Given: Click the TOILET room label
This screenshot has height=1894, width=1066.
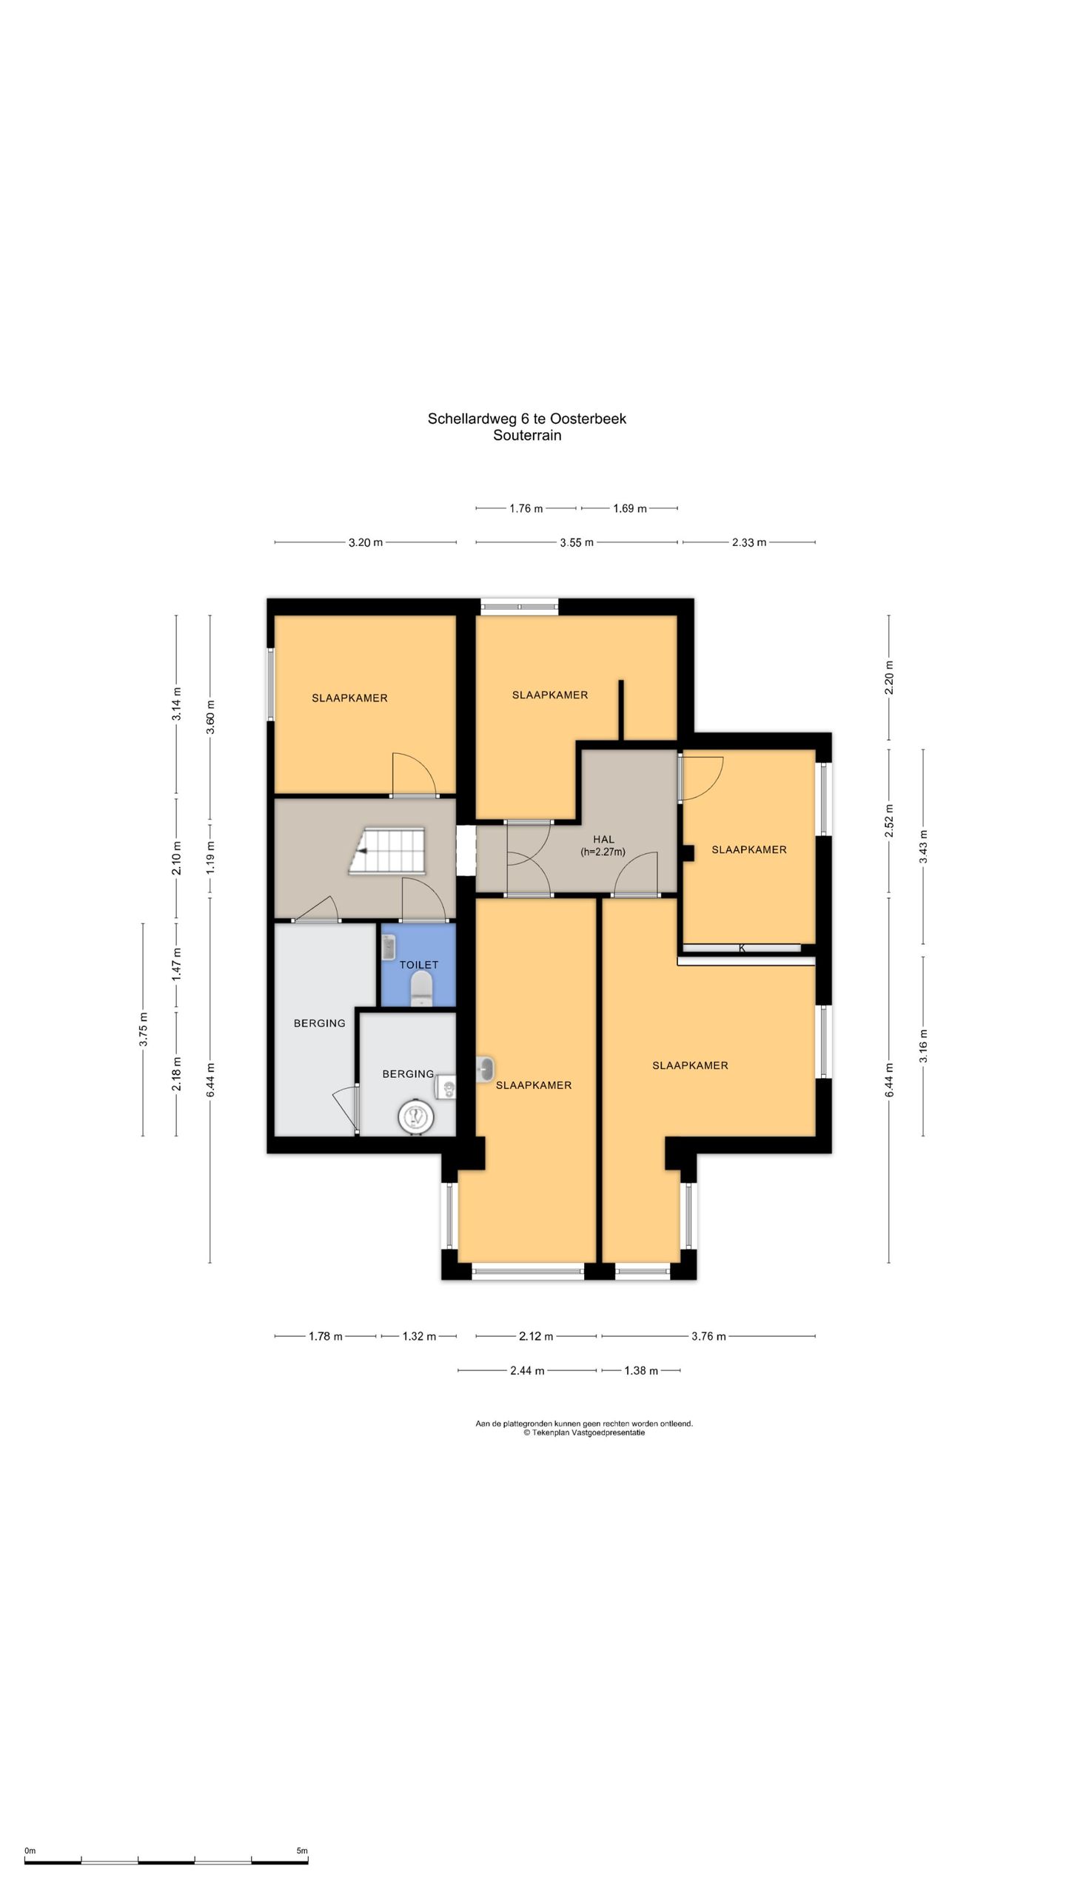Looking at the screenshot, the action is tap(418, 965).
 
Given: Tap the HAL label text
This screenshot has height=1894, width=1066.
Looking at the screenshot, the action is tap(603, 839).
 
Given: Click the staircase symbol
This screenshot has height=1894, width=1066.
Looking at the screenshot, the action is tap(388, 851).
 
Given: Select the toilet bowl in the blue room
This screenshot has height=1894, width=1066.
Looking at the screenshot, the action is tap(420, 988).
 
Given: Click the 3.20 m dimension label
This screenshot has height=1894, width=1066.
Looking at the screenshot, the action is tap(366, 542).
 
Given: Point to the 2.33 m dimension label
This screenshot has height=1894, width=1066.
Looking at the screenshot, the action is tap(749, 542).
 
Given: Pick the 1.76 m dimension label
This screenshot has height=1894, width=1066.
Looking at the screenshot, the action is tap(526, 508).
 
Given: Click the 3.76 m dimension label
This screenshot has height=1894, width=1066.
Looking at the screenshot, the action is tap(708, 1336).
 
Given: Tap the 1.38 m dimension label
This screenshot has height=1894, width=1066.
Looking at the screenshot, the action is tap(640, 1370).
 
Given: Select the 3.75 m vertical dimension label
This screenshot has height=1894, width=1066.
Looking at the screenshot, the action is tap(144, 1029).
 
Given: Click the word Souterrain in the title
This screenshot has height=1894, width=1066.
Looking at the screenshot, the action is tap(527, 435).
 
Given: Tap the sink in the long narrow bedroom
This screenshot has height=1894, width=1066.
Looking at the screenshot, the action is tap(485, 1069).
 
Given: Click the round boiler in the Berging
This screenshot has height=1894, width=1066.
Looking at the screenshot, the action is tap(415, 1116).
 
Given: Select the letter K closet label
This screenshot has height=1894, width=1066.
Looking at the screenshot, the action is tap(742, 948).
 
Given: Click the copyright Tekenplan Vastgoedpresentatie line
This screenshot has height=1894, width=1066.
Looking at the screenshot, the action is tap(584, 1432).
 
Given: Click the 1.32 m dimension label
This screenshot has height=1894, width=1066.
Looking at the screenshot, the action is tap(419, 1336).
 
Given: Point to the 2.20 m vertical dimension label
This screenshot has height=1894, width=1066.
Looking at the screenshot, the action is tap(889, 678).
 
